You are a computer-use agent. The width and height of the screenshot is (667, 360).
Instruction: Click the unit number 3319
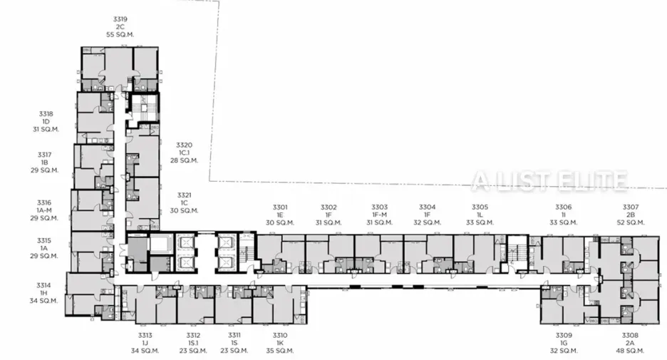click(120, 19)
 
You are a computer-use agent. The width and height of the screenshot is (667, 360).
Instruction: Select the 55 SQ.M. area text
click(120, 34)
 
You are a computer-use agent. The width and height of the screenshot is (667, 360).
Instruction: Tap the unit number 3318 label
click(46, 114)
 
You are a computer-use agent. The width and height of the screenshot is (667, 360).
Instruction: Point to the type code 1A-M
click(43, 210)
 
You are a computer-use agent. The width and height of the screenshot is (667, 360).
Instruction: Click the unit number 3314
click(43, 286)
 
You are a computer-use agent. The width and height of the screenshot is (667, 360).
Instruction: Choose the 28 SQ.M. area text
click(184, 160)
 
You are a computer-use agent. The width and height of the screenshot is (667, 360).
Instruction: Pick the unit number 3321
click(184, 195)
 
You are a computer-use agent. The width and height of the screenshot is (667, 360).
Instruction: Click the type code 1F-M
click(379, 215)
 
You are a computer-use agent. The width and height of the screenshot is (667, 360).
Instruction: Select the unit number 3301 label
click(280, 207)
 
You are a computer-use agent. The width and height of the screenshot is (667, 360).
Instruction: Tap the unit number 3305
click(480, 207)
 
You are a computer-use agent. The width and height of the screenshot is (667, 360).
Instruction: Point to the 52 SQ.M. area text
click(631, 222)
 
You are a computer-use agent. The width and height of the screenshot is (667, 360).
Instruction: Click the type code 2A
click(630, 343)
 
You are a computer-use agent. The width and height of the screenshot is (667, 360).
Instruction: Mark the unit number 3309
click(564, 335)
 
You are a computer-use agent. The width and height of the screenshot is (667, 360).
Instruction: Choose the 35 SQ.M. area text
click(280, 351)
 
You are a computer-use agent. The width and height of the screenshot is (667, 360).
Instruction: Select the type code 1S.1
click(193, 343)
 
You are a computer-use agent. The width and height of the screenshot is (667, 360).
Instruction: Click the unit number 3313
click(145, 335)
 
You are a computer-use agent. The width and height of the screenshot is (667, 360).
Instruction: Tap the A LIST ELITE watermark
click(549, 180)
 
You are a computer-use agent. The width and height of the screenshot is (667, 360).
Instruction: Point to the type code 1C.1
click(184, 153)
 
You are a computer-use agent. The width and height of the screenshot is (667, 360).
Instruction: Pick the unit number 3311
click(234, 335)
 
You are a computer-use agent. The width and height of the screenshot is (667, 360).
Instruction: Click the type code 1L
click(480, 215)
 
